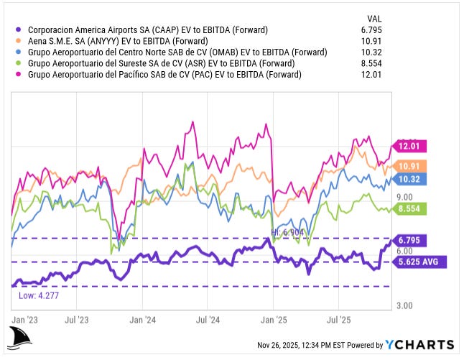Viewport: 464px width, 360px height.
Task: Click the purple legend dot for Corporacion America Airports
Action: click(17, 30)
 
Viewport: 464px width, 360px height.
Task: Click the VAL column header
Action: click(375, 19)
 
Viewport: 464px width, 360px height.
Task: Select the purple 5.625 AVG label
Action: click(417, 262)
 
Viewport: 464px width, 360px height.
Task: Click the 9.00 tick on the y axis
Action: click(402, 197)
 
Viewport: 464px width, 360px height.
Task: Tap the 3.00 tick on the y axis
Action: click(402, 305)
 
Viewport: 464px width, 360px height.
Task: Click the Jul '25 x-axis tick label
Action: click(339, 318)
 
